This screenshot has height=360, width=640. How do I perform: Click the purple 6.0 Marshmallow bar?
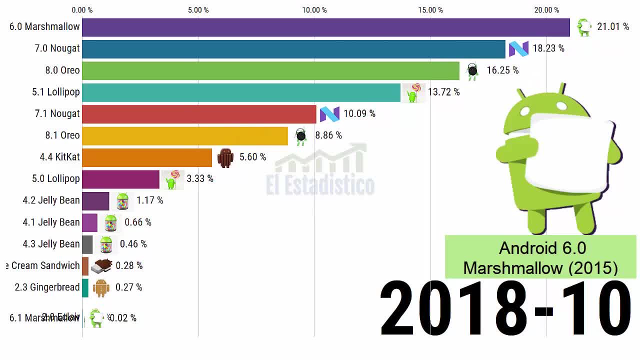point(325,27)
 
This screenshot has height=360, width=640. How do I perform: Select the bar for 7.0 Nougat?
point(293,49)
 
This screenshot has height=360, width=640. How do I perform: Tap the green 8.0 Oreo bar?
point(270,70)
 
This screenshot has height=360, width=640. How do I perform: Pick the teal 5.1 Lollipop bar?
point(241,92)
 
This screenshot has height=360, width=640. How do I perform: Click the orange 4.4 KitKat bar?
point(147,157)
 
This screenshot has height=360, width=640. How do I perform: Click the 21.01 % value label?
point(613,26)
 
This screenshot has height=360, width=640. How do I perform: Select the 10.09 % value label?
point(359,114)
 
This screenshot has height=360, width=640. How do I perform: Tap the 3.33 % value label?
point(199,178)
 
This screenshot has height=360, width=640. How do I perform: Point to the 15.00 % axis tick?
point(430,10)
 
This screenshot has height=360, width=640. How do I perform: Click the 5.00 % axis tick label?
point(198,10)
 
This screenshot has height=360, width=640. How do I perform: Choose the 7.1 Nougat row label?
point(57,113)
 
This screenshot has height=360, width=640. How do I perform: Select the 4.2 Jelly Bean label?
point(51,200)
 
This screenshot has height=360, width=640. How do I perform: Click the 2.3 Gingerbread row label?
point(47,287)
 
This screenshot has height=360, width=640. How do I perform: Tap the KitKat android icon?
point(225,157)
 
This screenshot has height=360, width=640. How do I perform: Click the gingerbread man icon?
point(101,287)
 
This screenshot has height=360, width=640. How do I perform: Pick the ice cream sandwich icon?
point(101,266)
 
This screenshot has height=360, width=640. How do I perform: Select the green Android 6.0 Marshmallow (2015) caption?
point(540,257)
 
